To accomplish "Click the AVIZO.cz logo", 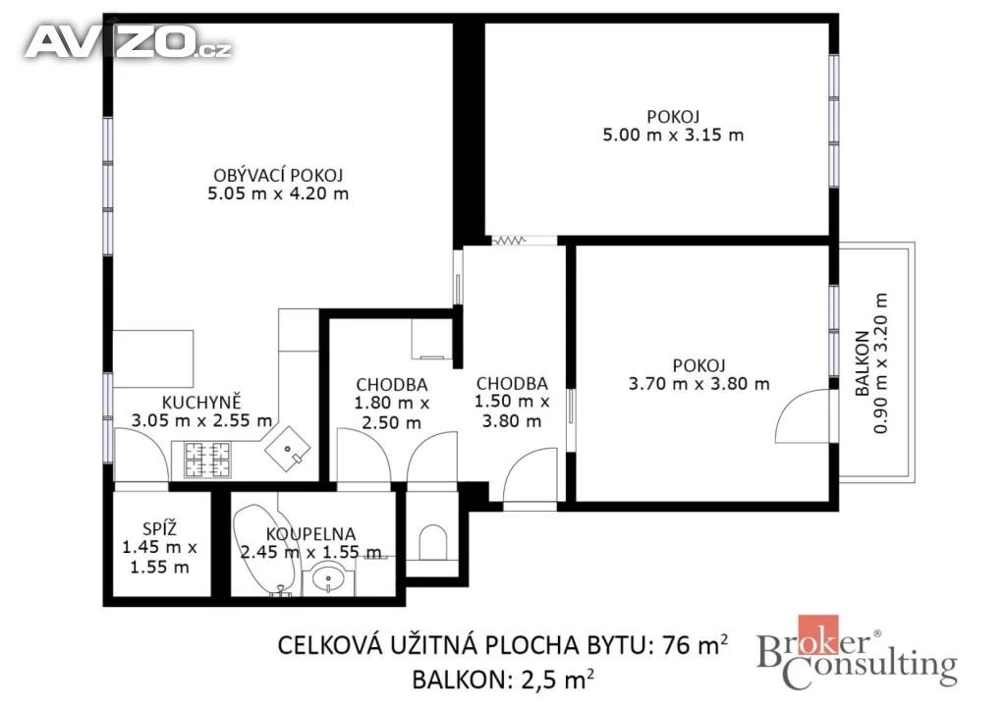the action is click(128, 43).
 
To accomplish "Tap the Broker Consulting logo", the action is click(857, 653).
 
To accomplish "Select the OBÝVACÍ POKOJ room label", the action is click(278, 175).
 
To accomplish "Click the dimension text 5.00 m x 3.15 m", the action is click(673, 136).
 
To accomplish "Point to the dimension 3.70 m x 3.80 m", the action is click(699, 384).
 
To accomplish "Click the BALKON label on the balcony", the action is click(863, 363).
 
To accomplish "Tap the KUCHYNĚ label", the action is click(201, 403).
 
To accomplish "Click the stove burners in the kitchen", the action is click(207, 460).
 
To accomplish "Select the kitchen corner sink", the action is click(288, 449).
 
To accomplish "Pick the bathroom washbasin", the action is click(328, 579).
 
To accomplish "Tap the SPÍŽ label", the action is click(160, 529).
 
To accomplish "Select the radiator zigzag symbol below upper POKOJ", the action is click(509, 241).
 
